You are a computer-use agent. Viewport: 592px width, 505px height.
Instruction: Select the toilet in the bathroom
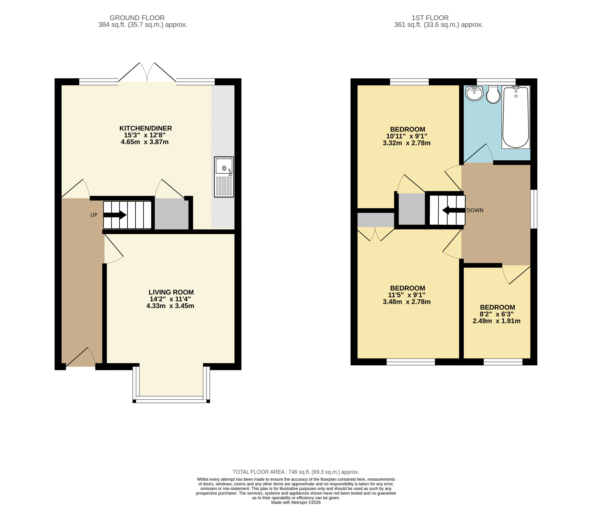tap(493, 95)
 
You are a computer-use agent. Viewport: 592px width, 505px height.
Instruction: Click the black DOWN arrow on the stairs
tap(453, 210)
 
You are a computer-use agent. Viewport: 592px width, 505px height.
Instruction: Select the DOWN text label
tap(475, 210)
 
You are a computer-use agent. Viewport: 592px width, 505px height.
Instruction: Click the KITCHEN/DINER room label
tap(146, 128)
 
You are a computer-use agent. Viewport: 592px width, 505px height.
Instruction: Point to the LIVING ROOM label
tap(171, 292)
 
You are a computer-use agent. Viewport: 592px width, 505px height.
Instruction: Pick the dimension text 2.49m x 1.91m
tap(497, 321)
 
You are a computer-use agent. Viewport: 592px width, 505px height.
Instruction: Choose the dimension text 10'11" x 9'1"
tap(407, 136)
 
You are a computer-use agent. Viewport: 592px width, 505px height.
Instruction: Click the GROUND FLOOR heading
tap(137, 18)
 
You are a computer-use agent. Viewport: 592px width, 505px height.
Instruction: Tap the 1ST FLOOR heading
tap(430, 18)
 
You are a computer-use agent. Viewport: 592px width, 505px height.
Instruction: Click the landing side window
tap(534, 209)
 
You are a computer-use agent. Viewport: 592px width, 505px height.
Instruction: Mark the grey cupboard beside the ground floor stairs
tap(172, 214)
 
